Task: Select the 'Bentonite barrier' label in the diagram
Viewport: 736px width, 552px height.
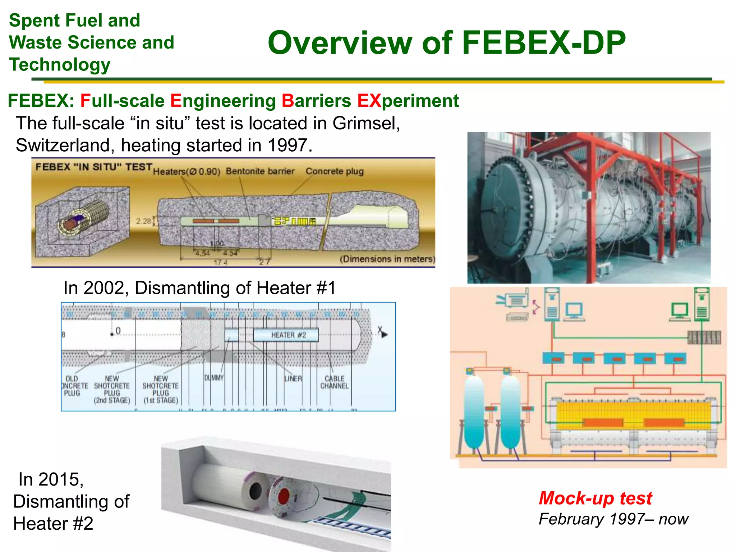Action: click(260, 171)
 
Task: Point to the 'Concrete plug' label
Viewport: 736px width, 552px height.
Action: click(335, 171)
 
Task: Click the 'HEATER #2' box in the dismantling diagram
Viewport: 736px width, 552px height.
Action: click(286, 335)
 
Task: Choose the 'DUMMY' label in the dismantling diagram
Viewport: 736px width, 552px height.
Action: click(214, 378)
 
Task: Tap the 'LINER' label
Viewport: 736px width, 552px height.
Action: click(293, 379)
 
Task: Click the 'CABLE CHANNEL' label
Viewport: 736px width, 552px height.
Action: click(334, 382)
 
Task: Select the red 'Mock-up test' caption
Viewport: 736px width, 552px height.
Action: click(595, 498)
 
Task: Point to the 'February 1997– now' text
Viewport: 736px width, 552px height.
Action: click(613, 519)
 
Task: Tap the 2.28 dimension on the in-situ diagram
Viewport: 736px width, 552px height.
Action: click(144, 221)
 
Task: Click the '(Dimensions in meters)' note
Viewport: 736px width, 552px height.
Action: click(387, 259)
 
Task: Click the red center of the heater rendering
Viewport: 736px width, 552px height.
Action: click(283, 495)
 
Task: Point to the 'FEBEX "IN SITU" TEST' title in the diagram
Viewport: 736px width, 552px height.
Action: click(94, 167)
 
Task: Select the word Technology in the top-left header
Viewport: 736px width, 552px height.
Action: click(60, 65)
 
